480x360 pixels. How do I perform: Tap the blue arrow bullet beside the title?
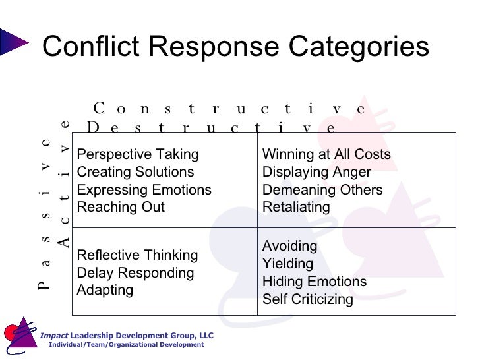pos(14,42)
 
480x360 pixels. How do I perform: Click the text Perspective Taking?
pos(138,154)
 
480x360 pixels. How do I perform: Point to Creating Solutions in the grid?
pos(136,172)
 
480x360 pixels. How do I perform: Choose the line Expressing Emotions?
pos(144,190)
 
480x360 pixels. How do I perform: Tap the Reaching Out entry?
pos(121,207)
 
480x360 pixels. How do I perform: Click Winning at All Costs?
pos(326,154)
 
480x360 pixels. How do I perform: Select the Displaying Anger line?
pos(316,172)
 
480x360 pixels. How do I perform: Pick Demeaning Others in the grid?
pos(322,190)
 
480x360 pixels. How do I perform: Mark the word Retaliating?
pos(296,207)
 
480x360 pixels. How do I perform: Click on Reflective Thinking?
pos(137,255)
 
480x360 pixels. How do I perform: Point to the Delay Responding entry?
pos(136,273)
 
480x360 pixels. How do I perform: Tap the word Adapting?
pos(105,290)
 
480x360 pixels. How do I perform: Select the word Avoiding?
pos(290,246)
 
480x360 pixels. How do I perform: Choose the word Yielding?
pos(287,264)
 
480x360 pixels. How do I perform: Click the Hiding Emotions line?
pos(315,282)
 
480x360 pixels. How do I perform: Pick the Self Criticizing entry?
pos(308,299)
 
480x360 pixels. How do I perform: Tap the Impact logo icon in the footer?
pos(20,336)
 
